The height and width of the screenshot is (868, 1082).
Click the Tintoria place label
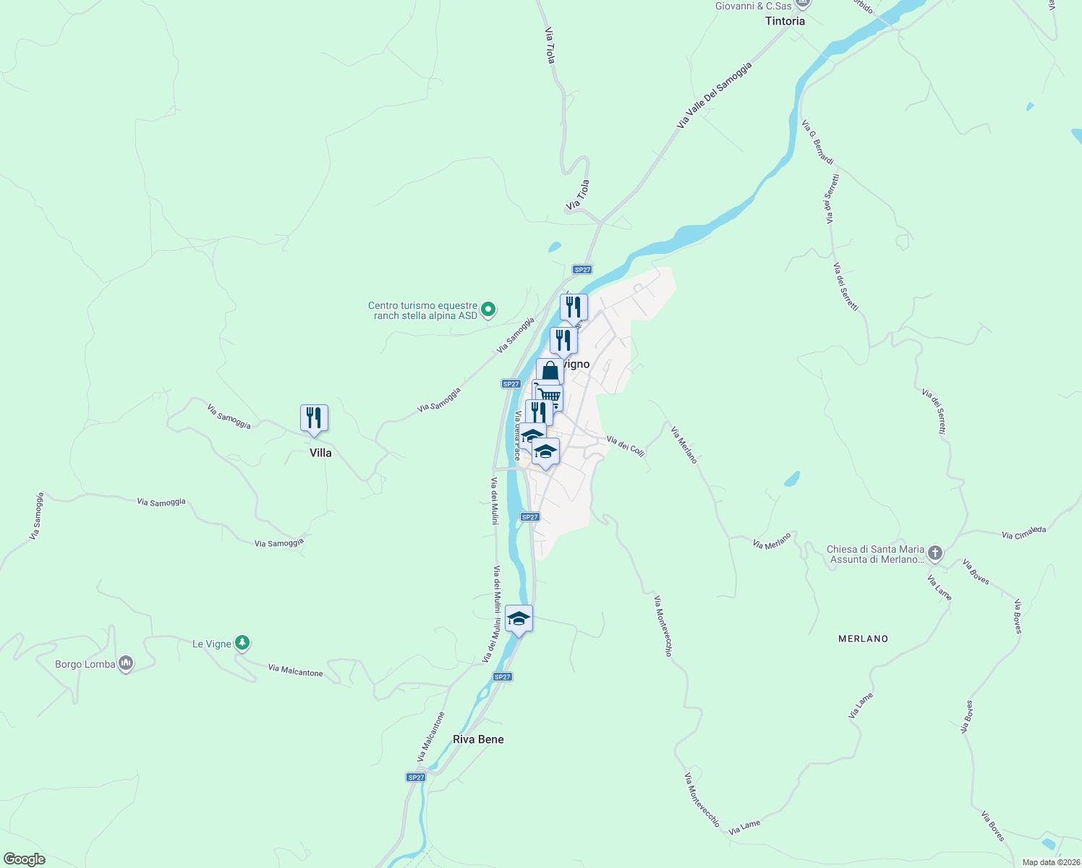(785, 21)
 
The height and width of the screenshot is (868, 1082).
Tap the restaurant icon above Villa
(314, 418)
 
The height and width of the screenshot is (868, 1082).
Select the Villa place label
(320, 453)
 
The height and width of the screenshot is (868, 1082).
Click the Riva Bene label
(478, 739)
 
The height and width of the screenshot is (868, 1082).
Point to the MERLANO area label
(863, 639)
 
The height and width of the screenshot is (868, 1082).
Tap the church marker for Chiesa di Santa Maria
(935, 554)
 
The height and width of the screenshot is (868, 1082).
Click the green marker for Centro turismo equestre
(488, 310)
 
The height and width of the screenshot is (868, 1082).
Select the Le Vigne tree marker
(242, 642)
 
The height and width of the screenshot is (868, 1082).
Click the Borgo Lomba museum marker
(126, 663)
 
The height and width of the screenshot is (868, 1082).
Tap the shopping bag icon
(550, 372)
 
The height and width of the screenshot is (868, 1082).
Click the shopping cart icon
(550, 396)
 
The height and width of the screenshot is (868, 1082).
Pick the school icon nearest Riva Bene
(519, 618)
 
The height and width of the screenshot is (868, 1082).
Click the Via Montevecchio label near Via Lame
(702, 800)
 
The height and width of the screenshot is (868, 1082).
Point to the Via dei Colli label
(625, 446)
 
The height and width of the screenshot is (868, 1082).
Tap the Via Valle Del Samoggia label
(714, 95)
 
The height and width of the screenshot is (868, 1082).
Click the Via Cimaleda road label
(1023, 533)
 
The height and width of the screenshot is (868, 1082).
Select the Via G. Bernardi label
(817, 142)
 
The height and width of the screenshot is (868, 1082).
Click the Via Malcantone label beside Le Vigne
(295, 671)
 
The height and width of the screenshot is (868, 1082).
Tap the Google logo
(24, 859)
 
